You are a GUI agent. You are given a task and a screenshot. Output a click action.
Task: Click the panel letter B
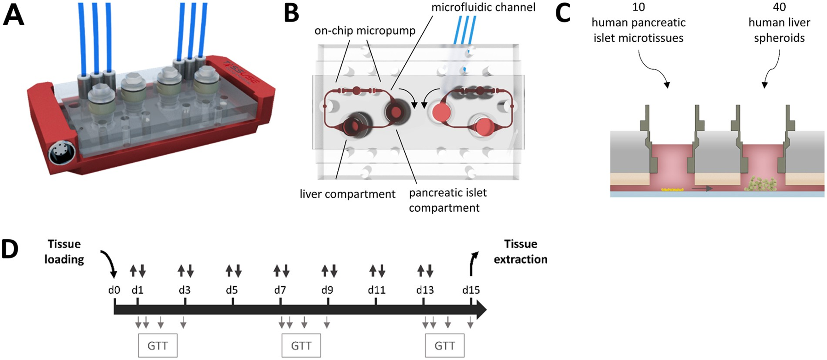[x=292, y=13]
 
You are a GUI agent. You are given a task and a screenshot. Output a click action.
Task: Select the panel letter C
[x=563, y=13]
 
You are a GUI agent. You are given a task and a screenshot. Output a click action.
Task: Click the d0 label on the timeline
[x=114, y=290]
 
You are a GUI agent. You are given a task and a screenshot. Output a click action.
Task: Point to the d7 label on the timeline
[x=280, y=290]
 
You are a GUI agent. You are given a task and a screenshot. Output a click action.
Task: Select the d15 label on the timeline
[x=471, y=290]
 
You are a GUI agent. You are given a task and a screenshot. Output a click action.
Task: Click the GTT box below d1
[x=158, y=346]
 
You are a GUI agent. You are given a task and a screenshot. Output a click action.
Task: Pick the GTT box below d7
[x=301, y=346]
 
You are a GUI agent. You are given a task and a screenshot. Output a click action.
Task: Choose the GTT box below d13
[x=444, y=346]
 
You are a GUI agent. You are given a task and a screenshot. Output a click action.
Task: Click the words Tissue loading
[x=64, y=252]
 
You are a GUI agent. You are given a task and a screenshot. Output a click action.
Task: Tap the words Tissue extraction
[x=521, y=252]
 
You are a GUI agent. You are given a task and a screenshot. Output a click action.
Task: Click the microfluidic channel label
[x=483, y=8]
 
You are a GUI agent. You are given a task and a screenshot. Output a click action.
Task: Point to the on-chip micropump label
[x=365, y=31]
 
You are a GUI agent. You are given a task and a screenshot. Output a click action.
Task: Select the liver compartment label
[x=347, y=194]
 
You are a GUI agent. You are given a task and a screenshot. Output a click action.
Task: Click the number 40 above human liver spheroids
[x=780, y=7]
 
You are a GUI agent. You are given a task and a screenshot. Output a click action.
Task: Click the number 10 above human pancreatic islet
[x=639, y=7]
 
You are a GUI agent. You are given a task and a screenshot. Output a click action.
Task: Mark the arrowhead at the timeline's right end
[x=480, y=310]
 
